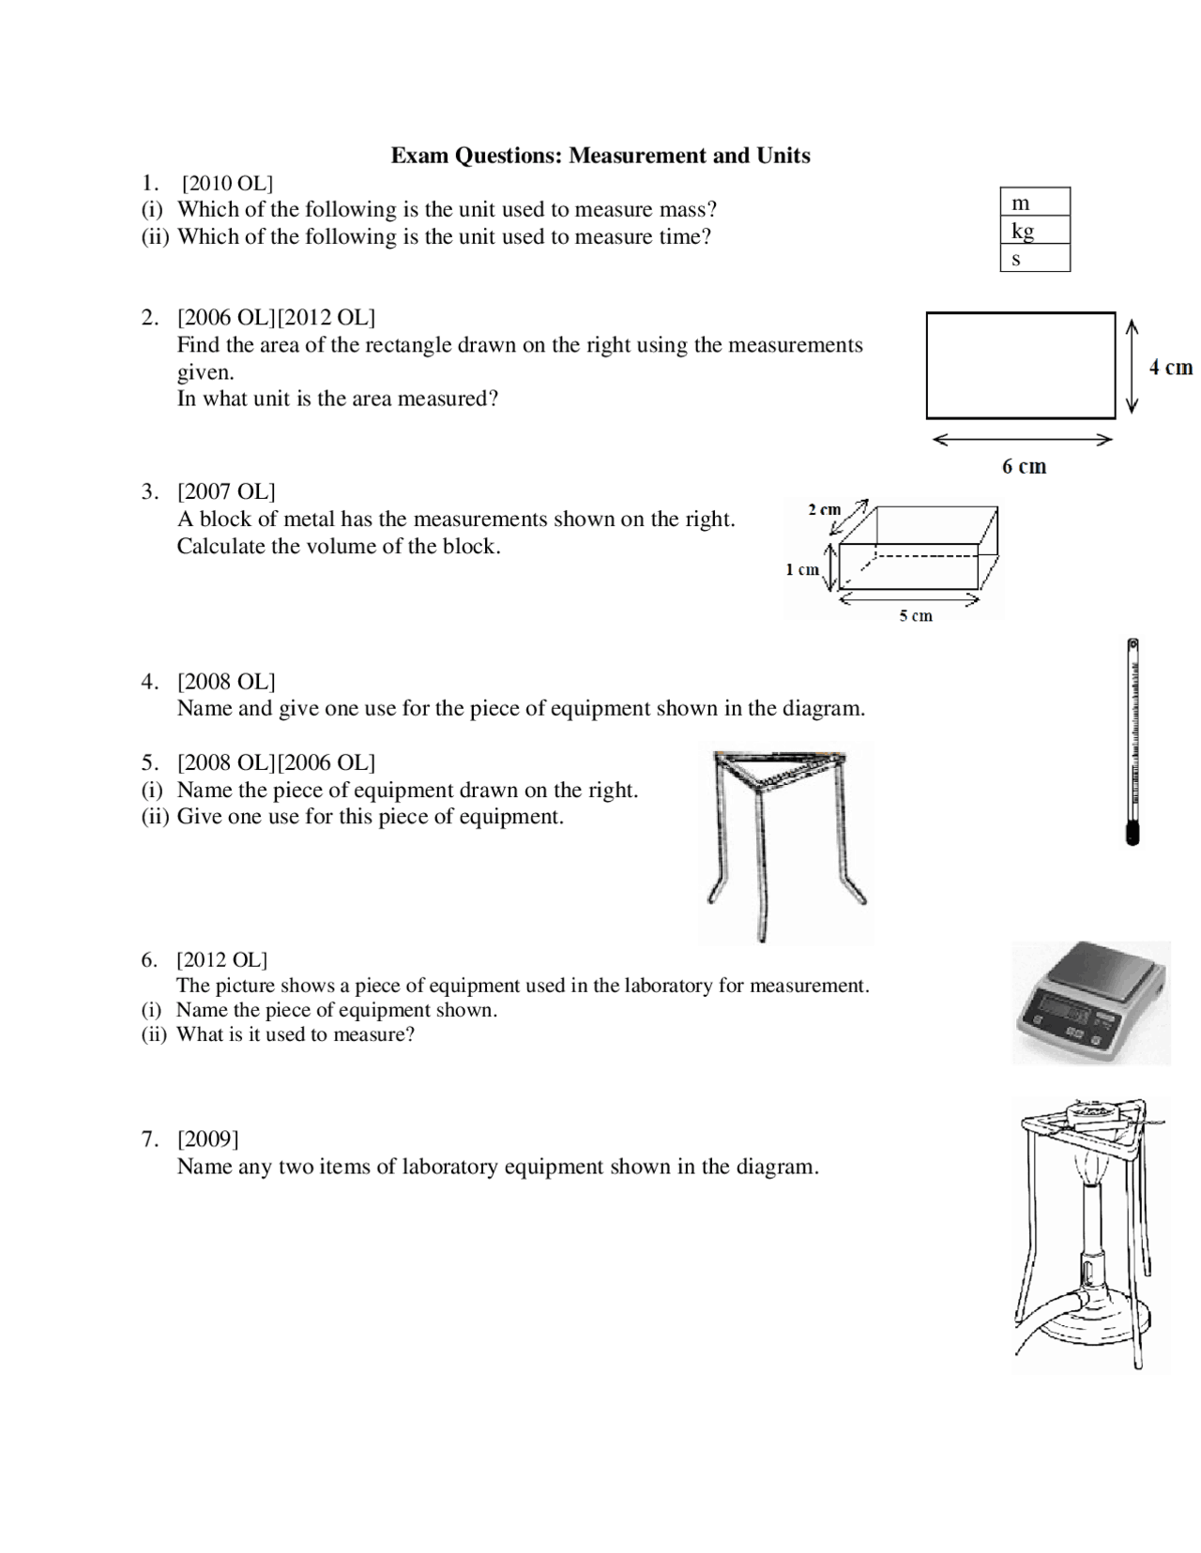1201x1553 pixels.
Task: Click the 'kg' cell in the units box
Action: tap(1034, 230)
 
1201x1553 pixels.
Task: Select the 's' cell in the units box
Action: tap(1034, 258)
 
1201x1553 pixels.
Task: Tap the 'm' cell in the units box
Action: tap(1034, 202)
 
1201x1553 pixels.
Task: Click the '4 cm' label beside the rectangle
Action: tap(1170, 367)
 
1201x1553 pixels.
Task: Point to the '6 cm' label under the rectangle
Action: tap(1024, 466)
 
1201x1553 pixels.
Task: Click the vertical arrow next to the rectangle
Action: tap(1132, 366)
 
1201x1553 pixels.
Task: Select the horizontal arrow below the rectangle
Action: tap(1023, 439)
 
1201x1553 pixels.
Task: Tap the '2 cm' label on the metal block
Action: tap(824, 509)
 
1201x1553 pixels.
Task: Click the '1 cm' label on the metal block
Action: tap(801, 569)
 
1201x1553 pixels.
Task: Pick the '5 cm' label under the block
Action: tap(916, 615)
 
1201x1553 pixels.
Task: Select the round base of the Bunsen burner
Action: tap(1093, 1332)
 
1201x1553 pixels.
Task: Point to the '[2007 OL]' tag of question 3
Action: tap(226, 491)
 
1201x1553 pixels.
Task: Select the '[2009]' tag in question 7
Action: tap(207, 1138)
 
